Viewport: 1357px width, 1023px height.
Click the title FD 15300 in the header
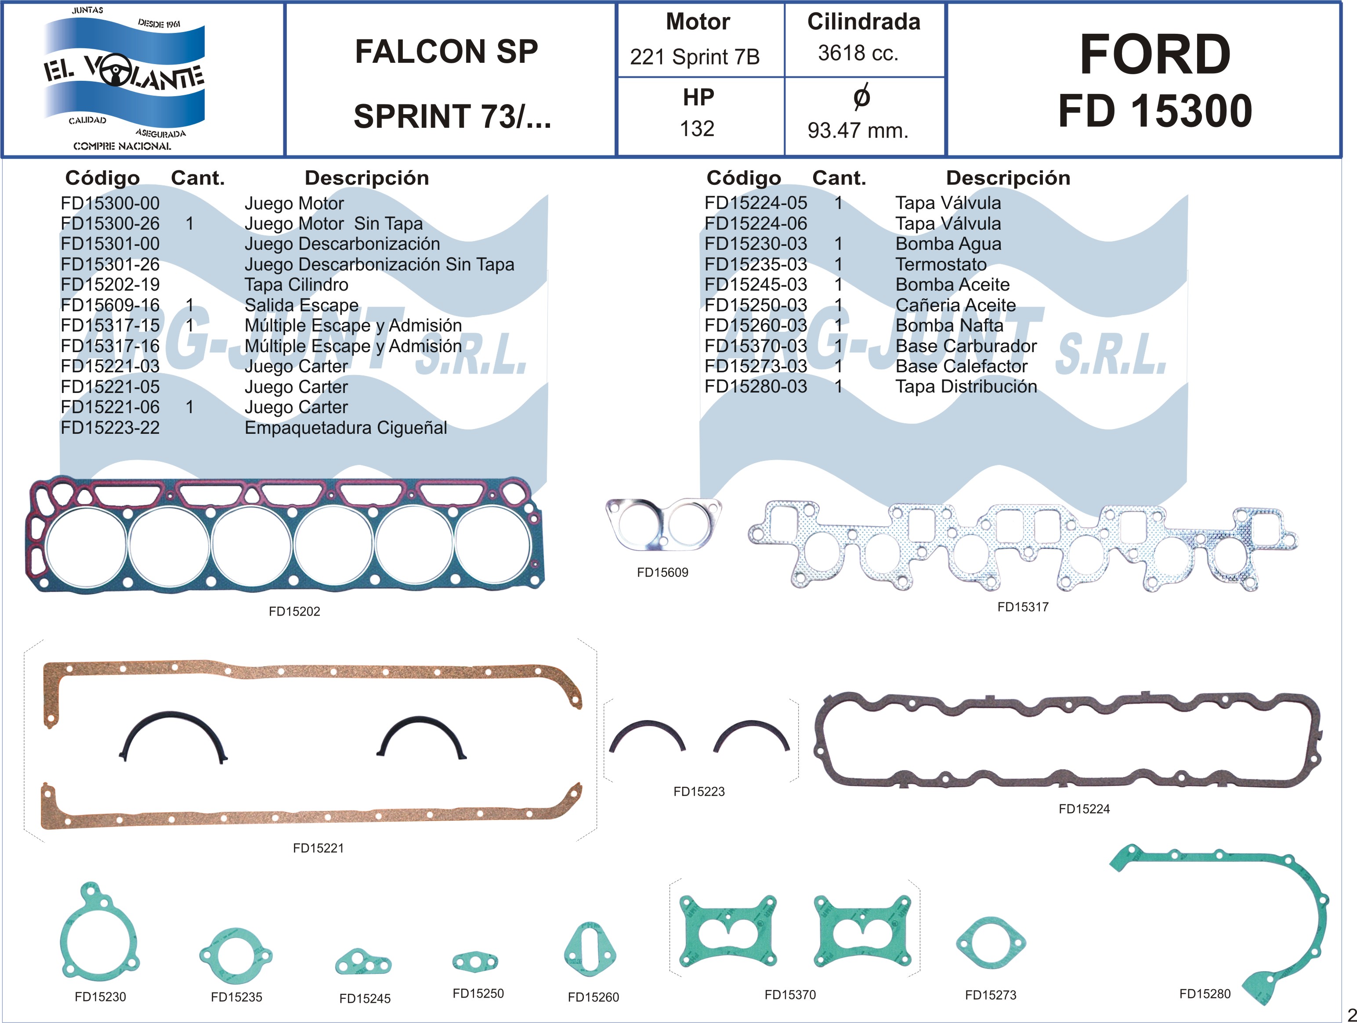1154,111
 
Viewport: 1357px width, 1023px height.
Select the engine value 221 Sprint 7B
695,57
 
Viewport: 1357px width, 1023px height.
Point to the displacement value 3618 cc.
858,54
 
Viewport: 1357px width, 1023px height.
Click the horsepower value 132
697,129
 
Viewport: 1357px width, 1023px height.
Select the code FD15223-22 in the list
110,428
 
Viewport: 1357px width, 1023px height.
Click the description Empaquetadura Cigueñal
345,428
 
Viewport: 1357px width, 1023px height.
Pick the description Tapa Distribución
966,386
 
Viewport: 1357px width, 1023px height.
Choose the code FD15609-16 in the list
110,305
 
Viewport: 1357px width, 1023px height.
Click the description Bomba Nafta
949,325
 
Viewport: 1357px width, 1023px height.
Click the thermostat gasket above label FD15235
235,955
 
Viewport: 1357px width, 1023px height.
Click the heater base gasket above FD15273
990,943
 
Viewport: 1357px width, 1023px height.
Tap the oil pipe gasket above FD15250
475,962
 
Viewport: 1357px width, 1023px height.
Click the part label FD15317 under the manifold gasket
1023,607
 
